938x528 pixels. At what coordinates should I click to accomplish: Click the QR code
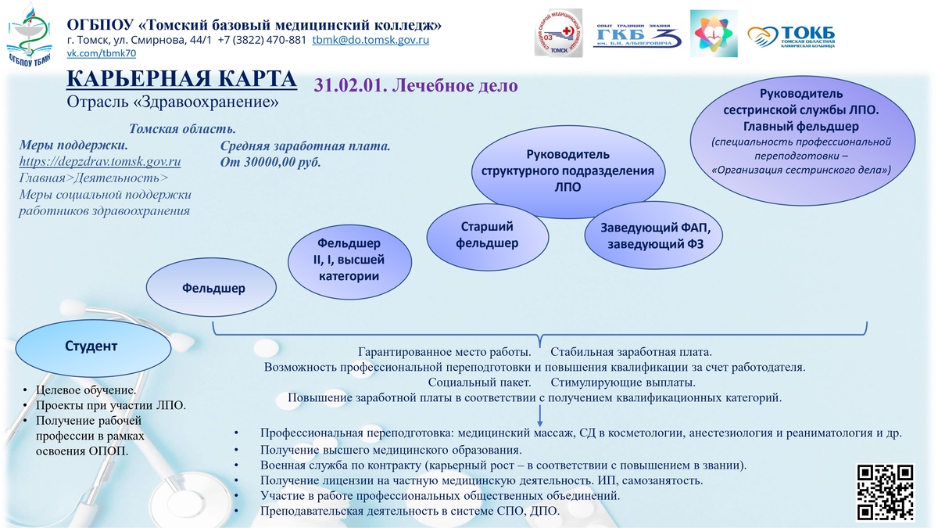[885, 491]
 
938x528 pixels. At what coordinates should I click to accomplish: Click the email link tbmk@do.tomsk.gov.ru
[371, 40]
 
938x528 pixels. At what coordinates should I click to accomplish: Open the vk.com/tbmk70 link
[102, 53]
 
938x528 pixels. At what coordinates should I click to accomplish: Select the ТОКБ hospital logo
[791, 37]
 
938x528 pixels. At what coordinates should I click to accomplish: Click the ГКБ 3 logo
[637, 36]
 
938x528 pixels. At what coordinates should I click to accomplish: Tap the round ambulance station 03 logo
[558, 33]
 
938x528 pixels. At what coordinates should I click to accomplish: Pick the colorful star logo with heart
[714, 34]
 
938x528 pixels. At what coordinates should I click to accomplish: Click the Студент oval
[93, 347]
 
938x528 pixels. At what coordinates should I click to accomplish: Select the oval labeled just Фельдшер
[212, 288]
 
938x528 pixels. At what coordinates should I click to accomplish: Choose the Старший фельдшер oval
[488, 237]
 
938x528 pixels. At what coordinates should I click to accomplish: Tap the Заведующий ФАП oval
[653, 235]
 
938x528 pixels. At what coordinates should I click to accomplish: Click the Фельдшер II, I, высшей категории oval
[349, 261]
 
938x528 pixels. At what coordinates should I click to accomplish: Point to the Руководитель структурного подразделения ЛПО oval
[568, 171]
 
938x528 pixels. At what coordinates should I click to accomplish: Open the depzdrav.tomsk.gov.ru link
[100, 162]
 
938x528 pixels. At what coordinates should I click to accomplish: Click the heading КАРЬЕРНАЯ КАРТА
[181, 79]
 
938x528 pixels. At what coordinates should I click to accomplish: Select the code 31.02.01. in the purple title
[351, 85]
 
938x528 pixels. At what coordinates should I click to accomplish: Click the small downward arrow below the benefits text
[540, 415]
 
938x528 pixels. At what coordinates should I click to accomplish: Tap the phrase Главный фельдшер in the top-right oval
[800, 126]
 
